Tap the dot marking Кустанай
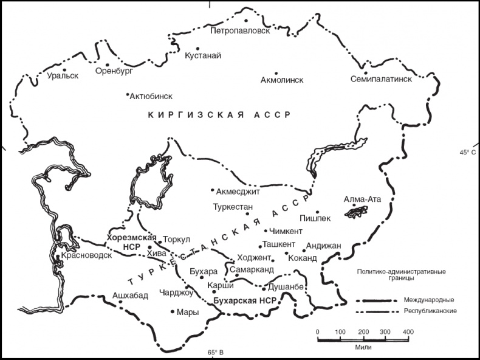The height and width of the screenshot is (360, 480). (197, 48)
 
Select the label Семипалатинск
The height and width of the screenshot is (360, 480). (381, 79)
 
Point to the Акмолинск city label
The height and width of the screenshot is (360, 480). (281, 80)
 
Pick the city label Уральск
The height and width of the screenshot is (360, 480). (63, 76)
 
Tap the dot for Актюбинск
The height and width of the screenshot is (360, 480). (128, 94)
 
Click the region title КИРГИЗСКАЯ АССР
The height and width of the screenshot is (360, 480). (219, 114)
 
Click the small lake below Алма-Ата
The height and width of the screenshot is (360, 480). (357, 210)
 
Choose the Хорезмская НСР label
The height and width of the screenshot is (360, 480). (132, 242)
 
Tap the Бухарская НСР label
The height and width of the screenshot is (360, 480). (242, 301)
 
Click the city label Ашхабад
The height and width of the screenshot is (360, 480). (130, 296)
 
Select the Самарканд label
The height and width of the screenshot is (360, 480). (253, 269)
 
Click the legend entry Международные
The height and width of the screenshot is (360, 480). (425, 300)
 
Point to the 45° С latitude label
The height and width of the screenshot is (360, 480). (468, 152)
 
